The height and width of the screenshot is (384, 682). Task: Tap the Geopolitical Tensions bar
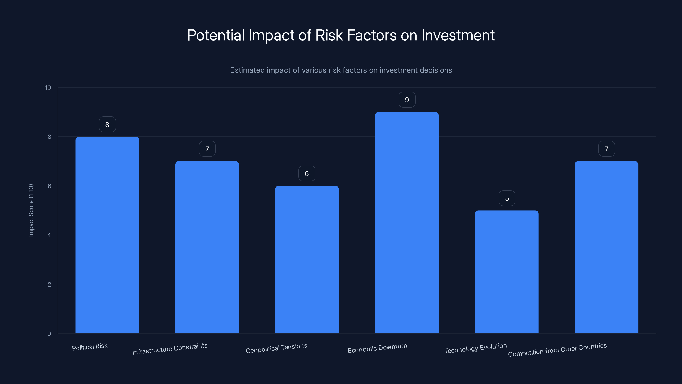click(307, 259)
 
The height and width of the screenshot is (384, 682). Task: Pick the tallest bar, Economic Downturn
click(407, 223)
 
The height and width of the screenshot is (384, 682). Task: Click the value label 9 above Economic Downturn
click(407, 100)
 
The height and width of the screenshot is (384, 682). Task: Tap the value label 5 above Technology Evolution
click(507, 198)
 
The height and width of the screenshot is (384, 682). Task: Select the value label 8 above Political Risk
click(107, 125)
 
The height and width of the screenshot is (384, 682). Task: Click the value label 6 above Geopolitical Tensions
click(307, 174)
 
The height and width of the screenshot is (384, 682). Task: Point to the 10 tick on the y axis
click(48, 87)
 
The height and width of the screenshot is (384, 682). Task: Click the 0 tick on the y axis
click(49, 334)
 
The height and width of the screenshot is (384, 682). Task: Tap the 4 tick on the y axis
click(49, 235)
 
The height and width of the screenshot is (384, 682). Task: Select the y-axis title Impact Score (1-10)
click(31, 210)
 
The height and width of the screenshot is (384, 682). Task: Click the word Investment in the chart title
click(458, 35)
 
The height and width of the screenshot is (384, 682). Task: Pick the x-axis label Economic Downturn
click(377, 348)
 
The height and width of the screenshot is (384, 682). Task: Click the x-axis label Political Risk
click(90, 347)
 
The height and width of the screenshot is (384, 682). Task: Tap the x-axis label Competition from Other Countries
click(557, 350)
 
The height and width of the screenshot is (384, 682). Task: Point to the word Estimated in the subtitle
click(247, 70)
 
